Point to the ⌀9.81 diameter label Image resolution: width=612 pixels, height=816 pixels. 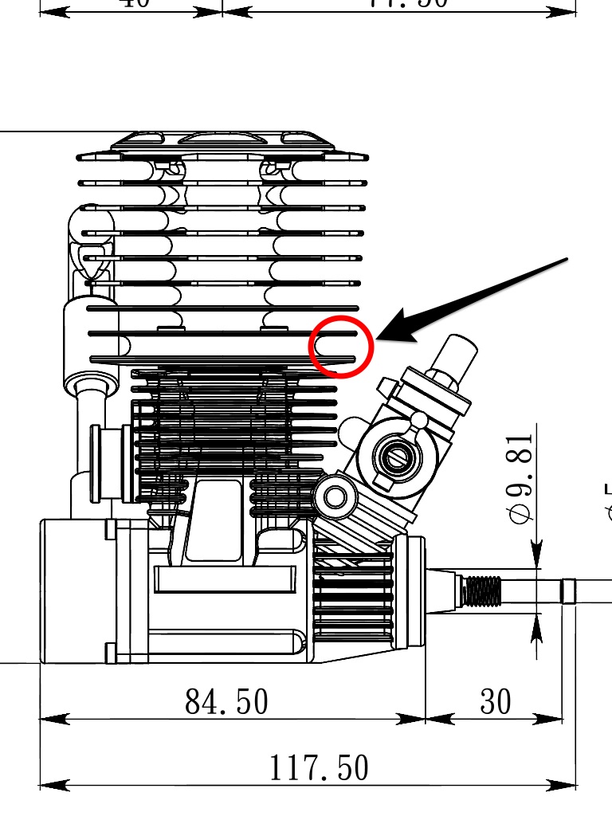(x=520, y=478)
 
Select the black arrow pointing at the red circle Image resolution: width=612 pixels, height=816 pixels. (x=478, y=299)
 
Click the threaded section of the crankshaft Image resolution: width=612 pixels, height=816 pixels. (x=483, y=592)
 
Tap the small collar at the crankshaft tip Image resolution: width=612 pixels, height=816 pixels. (x=569, y=591)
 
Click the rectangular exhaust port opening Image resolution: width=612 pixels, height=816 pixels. (x=214, y=520)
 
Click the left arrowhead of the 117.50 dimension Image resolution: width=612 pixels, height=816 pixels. (x=49, y=785)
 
